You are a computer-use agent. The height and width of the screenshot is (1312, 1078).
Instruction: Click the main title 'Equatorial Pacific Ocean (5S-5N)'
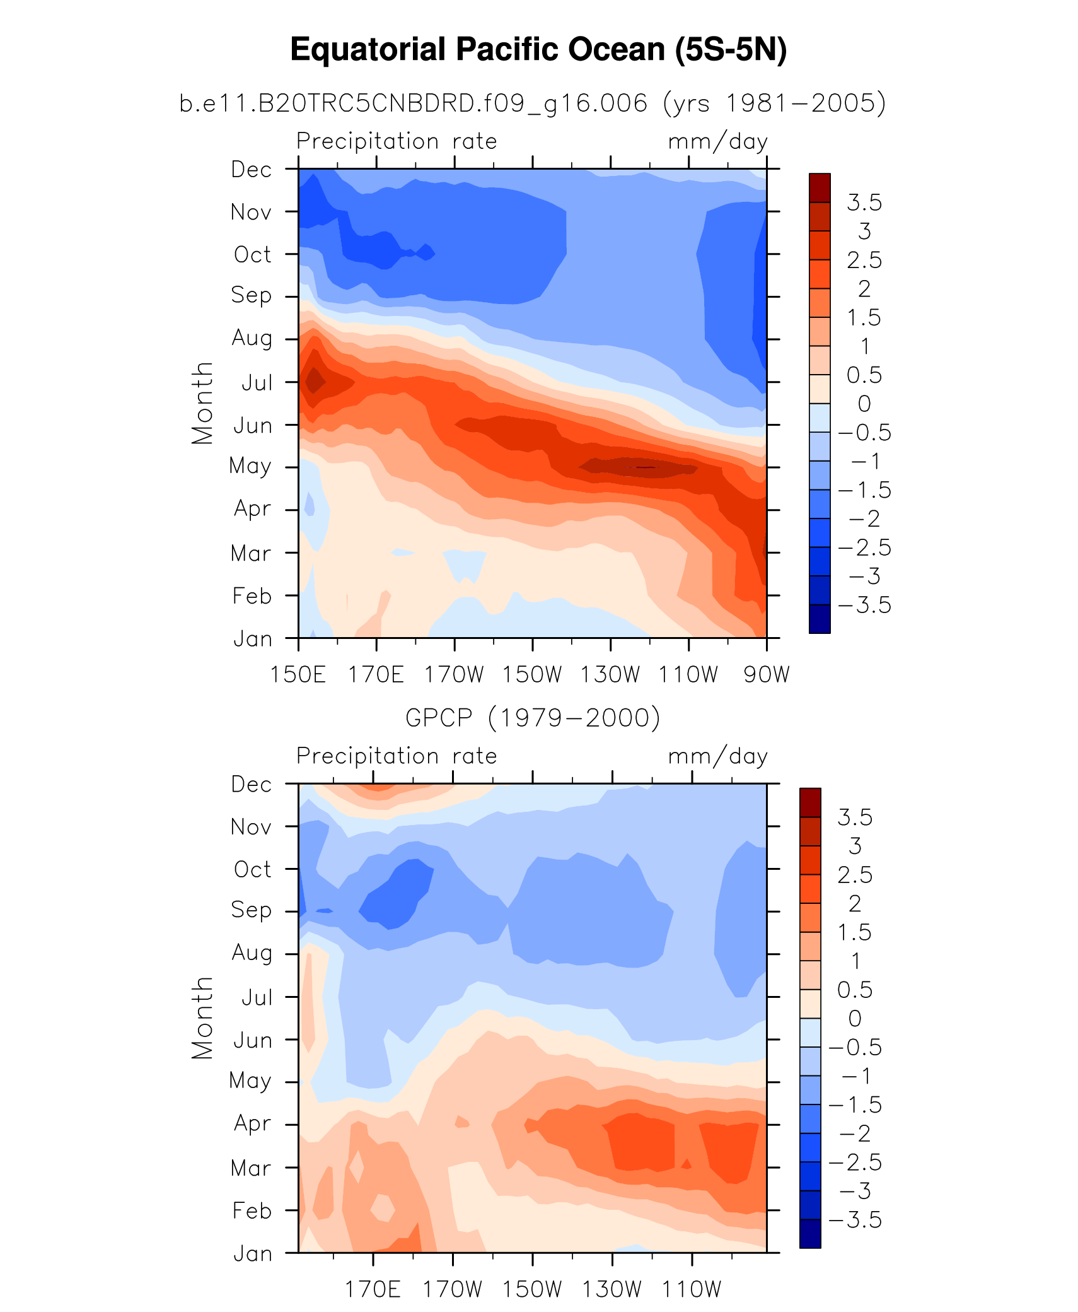(x=538, y=49)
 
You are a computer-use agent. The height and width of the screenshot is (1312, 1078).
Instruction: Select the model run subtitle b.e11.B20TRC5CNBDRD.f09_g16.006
(x=413, y=103)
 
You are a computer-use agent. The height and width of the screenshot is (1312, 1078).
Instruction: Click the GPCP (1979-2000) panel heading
(x=533, y=718)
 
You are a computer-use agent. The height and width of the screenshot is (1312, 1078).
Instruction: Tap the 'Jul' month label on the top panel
(x=257, y=383)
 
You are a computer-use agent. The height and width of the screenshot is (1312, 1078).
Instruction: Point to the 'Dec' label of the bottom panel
(x=251, y=784)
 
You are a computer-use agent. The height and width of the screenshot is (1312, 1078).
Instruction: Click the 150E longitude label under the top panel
(x=298, y=674)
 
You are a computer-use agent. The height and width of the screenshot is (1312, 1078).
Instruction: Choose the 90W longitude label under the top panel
(x=766, y=674)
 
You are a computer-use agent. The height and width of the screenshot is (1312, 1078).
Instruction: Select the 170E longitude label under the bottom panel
(x=373, y=1289)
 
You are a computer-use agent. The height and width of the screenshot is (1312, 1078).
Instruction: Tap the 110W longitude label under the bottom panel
(x=691, y=1289)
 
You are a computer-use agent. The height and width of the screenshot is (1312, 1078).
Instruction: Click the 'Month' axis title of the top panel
(x=202, y=404)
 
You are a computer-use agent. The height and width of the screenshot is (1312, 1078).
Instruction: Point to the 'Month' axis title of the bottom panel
(x=202, y=1018)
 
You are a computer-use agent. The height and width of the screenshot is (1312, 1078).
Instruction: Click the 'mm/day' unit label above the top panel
(x=717, y=141)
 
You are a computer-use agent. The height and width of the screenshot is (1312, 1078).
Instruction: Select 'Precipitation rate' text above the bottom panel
(x=397, y=756)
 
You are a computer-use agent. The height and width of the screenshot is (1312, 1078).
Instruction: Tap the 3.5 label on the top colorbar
(x=864, y=202)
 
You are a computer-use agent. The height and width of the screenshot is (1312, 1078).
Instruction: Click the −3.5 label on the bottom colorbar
(x=854, y=1220)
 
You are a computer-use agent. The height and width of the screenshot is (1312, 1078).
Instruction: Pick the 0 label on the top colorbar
(x=864, y=404)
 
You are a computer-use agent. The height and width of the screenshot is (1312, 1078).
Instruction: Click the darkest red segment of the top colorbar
(x=820, y=187)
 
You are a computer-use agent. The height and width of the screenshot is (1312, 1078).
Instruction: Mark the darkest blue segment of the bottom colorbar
(x=810, y=1234)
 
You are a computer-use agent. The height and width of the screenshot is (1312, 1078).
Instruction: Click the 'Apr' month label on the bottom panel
(x=252, y=1124)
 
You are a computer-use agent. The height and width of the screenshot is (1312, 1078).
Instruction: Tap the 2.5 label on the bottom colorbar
(x=854, y=875)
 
